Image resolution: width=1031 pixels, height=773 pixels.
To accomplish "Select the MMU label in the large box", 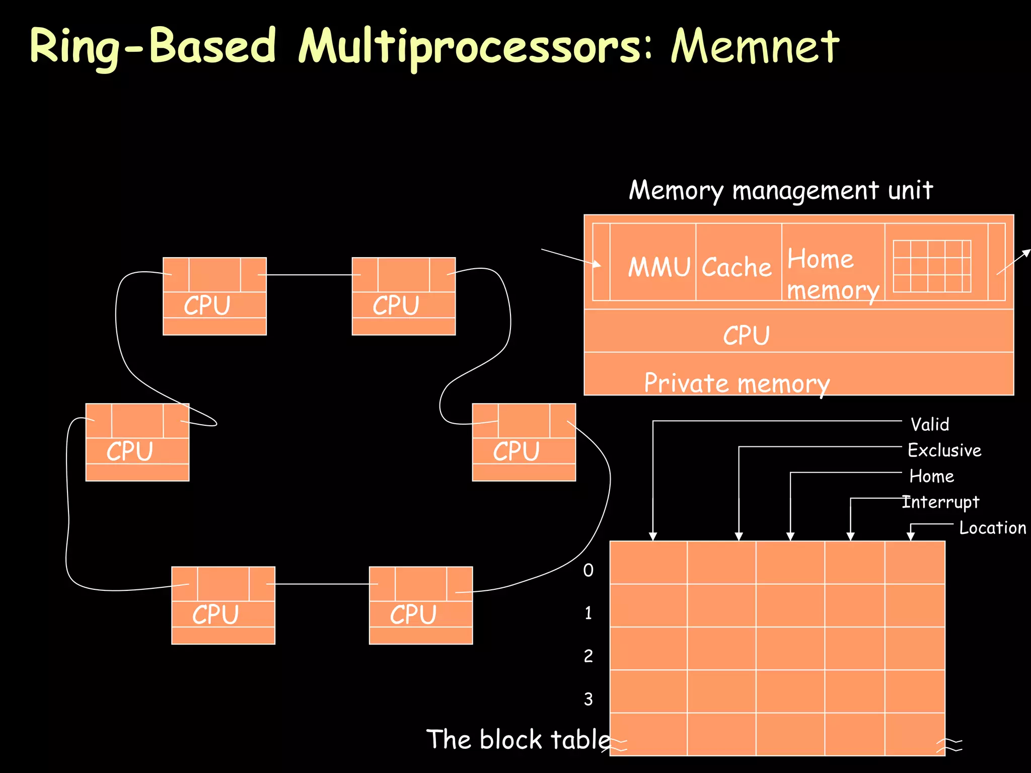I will (x=658, y=267).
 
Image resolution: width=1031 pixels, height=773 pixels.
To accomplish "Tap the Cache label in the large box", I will (x=736, y=267).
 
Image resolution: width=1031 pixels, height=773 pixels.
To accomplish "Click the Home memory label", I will (x=832, y=274).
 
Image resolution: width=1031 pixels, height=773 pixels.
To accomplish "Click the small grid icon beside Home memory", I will (x=931, y=266).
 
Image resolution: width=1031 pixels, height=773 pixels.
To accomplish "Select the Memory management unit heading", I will (x=780, y=190).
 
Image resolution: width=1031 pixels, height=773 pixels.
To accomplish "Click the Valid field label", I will (x=929, y=424).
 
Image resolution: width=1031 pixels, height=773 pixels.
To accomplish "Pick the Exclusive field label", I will (x=944, y=450).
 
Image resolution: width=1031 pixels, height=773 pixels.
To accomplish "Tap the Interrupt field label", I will (x=940, y=502).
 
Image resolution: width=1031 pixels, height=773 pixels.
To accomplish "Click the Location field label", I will (x=992, y=527).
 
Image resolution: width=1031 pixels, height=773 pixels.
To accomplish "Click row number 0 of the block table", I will (x=588, y=570).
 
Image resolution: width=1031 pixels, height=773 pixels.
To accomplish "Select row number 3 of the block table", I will (x=588, y=699).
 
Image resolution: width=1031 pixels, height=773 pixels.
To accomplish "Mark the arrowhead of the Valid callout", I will (x=653, y=536).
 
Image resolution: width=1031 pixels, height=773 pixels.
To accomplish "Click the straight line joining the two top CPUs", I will (x=309, y=275).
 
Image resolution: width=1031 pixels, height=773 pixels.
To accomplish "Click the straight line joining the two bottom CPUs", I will (x=322, y=584).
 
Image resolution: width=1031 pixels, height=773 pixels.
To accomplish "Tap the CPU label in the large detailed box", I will (x=746, y=335).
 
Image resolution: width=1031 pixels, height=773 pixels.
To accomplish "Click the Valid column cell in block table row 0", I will (x=648, y=563).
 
